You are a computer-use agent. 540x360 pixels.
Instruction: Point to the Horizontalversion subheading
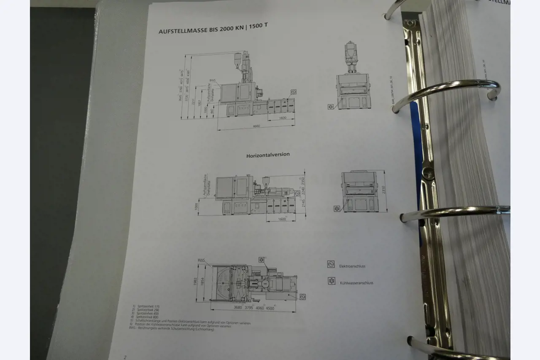coord(268,155)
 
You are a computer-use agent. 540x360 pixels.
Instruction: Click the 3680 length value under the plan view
coord(238,307)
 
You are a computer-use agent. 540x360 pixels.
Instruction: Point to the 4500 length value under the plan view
coord(270,308)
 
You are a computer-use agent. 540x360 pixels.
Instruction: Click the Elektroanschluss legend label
coord(352,266)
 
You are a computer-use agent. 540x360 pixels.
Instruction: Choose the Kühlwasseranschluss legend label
coord(356,283)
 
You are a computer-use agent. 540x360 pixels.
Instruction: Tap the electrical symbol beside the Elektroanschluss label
coord(331,264)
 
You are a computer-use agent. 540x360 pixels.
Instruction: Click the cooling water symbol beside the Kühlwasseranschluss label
coord(332,281)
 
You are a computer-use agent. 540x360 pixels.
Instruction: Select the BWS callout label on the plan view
coord(201,261)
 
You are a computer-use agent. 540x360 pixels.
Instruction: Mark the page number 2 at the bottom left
coord(125,357)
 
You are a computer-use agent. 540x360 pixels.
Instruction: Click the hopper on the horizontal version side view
coord(266,181)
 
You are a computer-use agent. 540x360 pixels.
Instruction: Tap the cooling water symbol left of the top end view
coord(330,107)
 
